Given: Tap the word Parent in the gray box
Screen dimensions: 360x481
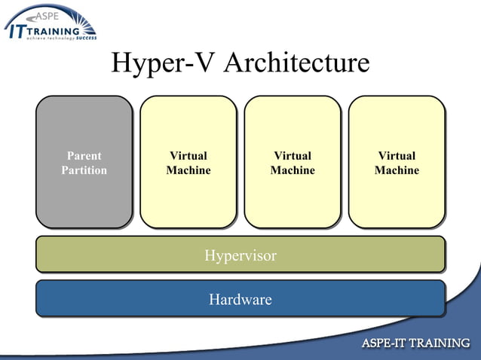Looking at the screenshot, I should (x=84, y=156).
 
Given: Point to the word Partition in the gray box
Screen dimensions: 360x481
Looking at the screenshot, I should (x=84, y=170).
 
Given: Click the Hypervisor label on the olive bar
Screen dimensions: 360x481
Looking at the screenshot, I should (x=240, y=255).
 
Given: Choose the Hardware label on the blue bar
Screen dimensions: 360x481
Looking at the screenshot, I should (x=240, y=300).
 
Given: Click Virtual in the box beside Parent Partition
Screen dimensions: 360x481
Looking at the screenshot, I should (x=188, y=156).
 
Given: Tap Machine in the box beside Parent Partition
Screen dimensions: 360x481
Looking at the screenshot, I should (x=188, y=170).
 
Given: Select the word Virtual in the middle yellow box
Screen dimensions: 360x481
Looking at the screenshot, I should (x=293, y=156).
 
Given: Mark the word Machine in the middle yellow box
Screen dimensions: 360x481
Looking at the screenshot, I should (x=293, y=170).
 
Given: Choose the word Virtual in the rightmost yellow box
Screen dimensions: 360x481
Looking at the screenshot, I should (x=397, y=156).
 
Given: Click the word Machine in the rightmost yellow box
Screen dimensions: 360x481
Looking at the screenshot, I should (x=397, y=170).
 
